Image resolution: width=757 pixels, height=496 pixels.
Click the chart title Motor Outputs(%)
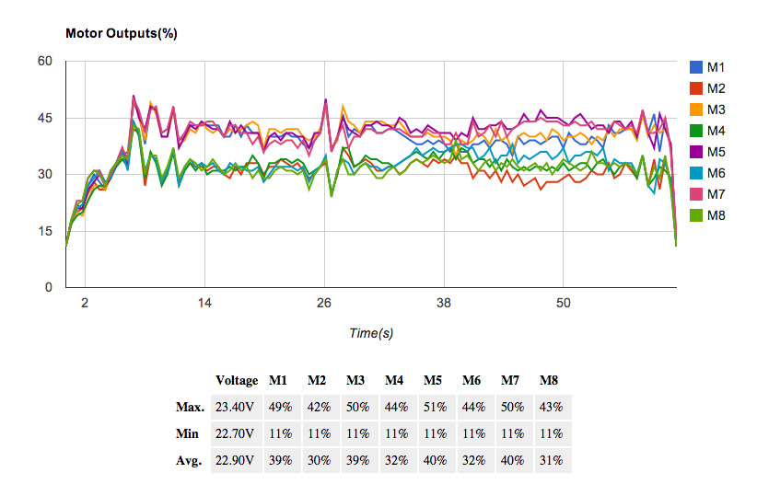[121, 33]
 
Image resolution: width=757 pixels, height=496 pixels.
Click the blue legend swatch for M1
[697, 66]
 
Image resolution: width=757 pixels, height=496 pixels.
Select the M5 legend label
[717, 151]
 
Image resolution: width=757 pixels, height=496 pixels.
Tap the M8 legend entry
[717, 215]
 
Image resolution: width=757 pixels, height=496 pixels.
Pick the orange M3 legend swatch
[697, 109]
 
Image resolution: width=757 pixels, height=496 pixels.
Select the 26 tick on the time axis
[324, 303]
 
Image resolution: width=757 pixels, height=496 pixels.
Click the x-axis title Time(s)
[371, 333]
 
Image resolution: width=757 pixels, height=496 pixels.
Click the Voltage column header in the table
[237, 380]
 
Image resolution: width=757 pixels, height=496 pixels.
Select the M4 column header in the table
[393, 380]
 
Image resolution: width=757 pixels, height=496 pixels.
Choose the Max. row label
[190, 407]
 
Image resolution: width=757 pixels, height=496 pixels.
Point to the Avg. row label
[190, 460]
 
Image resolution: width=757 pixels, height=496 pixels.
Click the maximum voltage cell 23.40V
[235, 407]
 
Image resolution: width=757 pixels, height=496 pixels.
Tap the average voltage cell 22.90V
[235, 460]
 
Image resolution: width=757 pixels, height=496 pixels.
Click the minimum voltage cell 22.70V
[235, 433]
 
